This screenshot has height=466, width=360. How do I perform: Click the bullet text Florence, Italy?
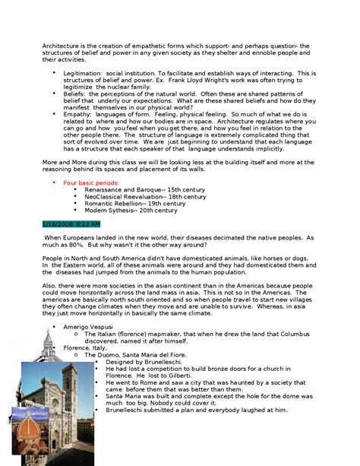(85, 347)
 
